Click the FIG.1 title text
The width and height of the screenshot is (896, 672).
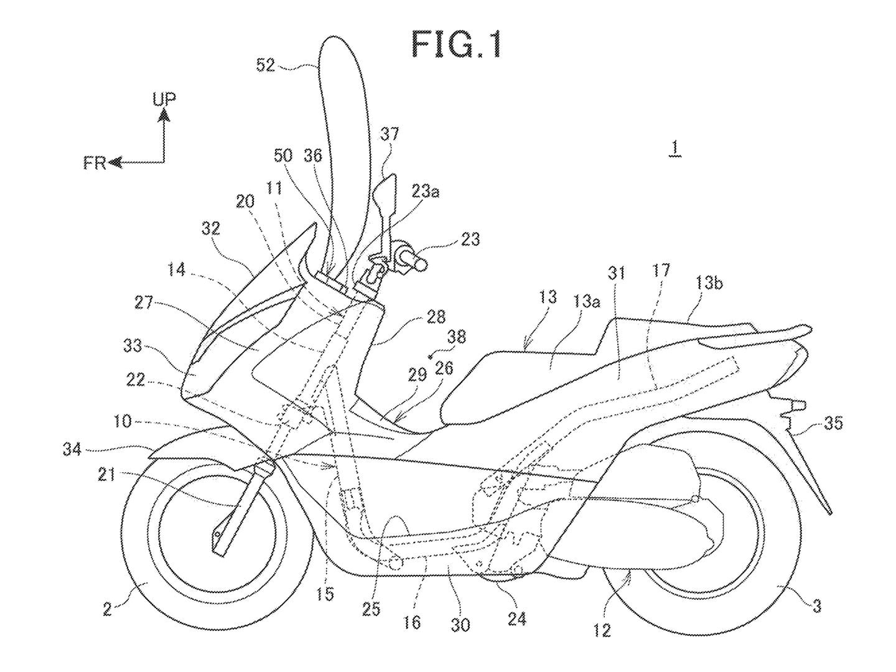coord(456,45)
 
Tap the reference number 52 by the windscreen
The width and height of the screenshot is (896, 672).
coord(266,65)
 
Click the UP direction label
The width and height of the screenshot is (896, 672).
coord(164,98)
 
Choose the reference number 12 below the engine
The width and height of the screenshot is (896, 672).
coord(602,631)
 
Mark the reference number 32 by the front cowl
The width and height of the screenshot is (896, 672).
coord(210,228)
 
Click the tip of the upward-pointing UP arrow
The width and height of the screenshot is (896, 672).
coord(164,113)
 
